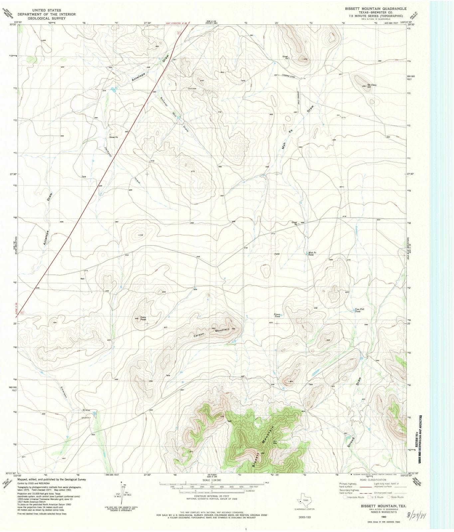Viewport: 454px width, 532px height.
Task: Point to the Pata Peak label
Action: [x=143, y=318]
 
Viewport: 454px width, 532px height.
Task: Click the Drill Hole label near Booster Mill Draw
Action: [x=192, y=89]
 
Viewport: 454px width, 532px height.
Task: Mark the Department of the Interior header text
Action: [x=47, y=14]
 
